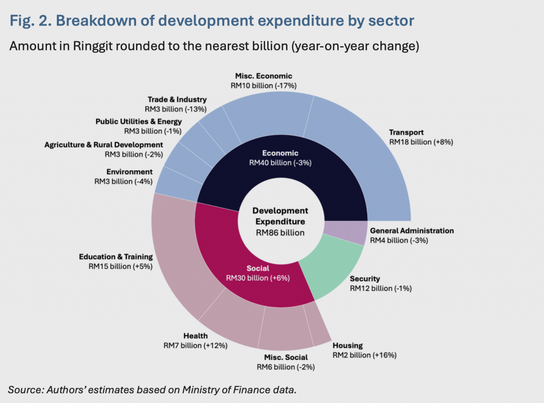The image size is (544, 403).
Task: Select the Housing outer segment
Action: (319, 327)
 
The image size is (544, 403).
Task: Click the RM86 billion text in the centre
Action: (280, 233)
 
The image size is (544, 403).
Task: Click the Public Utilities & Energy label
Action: (139, 122)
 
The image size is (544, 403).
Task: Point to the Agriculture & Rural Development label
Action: (104, 144)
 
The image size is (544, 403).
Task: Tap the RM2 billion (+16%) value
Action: (364, 355)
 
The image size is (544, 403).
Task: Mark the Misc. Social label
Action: (286, 357)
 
